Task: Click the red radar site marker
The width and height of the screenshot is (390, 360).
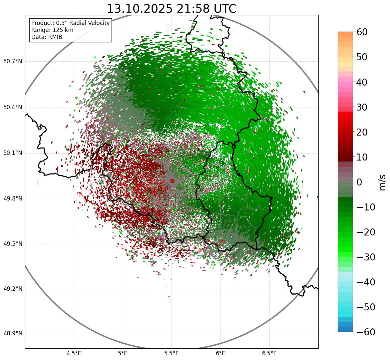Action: pyautogui.click(x=172, y=181)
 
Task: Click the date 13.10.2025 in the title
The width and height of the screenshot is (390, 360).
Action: pyautogui.click(x=139, y=9)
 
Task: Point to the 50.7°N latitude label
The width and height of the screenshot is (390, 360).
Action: pyautogui.click(x=13, y=61)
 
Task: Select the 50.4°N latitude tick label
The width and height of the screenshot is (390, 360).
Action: pyautogui.click(x=13, y=107)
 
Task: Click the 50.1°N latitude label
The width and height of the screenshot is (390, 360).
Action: pyautogui.click(x=13, y=153)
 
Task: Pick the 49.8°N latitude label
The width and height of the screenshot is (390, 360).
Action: pyautogui.click(x=13, y=199)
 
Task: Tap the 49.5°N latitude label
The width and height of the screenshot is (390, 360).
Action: pyautogui.click(x=13, y=244)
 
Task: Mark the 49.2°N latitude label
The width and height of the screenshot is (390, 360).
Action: pyautogui.click(x=13, y=289)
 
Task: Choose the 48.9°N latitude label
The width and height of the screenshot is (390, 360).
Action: pyautogui.click(x=13, y=334)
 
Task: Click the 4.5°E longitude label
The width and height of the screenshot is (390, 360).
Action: pyautogui.click(x=74, y=353)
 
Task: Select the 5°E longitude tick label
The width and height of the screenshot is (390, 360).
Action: pyautogui.click(x=123, y=353)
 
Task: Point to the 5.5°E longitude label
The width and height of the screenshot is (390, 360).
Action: pyautogui.click(x=172, y=353)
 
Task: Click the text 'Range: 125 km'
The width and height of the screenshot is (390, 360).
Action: pyautogui.click(x=52, y=30)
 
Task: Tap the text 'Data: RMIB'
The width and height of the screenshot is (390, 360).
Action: pyautogui.click(x=47, y=37)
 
